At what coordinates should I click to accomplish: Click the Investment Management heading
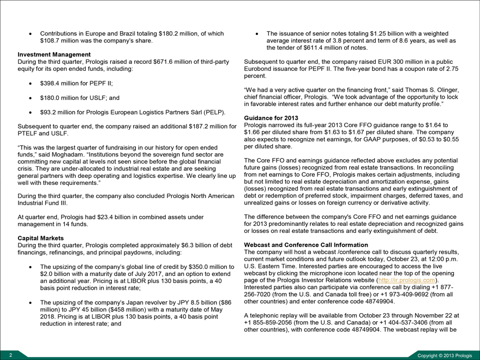(x=54, y=55)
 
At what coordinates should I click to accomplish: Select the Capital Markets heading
(x=41, y=238)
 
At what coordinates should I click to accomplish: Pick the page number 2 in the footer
(x=4, y=355)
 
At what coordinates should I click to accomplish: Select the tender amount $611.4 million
(x=323, y=49)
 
